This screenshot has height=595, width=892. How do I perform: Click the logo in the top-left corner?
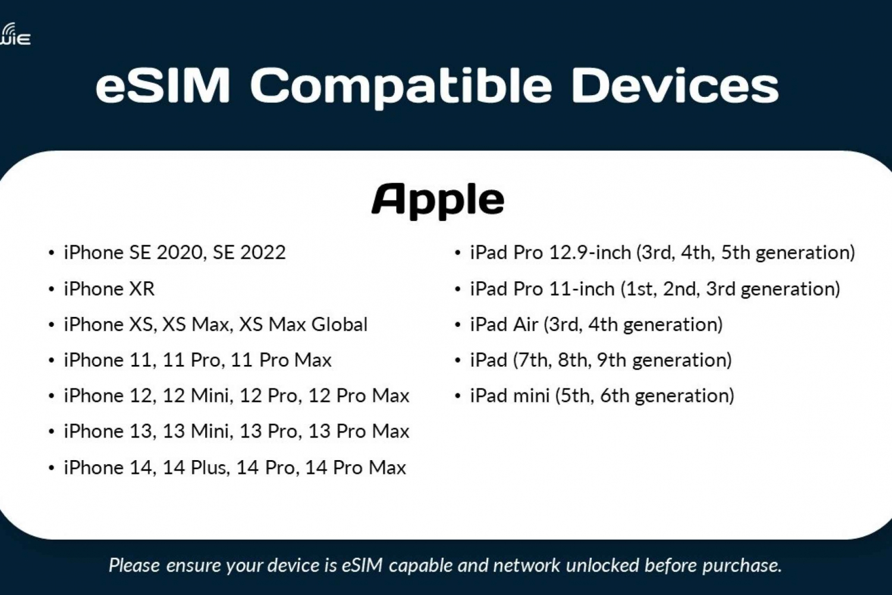[x=15, y=34]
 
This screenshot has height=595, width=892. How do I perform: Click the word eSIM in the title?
[x=163, y=86]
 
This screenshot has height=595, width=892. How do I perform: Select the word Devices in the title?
[x=674, y=86]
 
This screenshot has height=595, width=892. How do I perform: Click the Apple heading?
[x=438, y=200]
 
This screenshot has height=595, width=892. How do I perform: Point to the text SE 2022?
[x=249, y=253]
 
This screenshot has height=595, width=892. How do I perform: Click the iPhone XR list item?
[x=109, y=288]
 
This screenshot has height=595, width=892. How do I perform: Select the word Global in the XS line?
[x=340, y=325]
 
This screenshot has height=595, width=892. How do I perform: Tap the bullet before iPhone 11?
[x=51, y=361]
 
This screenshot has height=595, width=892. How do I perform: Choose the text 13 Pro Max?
[x=359, y=431]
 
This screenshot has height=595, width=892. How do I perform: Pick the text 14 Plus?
[x=196, y=467]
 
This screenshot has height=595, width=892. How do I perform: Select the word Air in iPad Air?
[x=526, y=325]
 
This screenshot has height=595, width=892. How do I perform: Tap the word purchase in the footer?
[x=742, y=566]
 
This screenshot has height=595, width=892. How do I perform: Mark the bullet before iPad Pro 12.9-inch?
[x=457, y=253]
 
